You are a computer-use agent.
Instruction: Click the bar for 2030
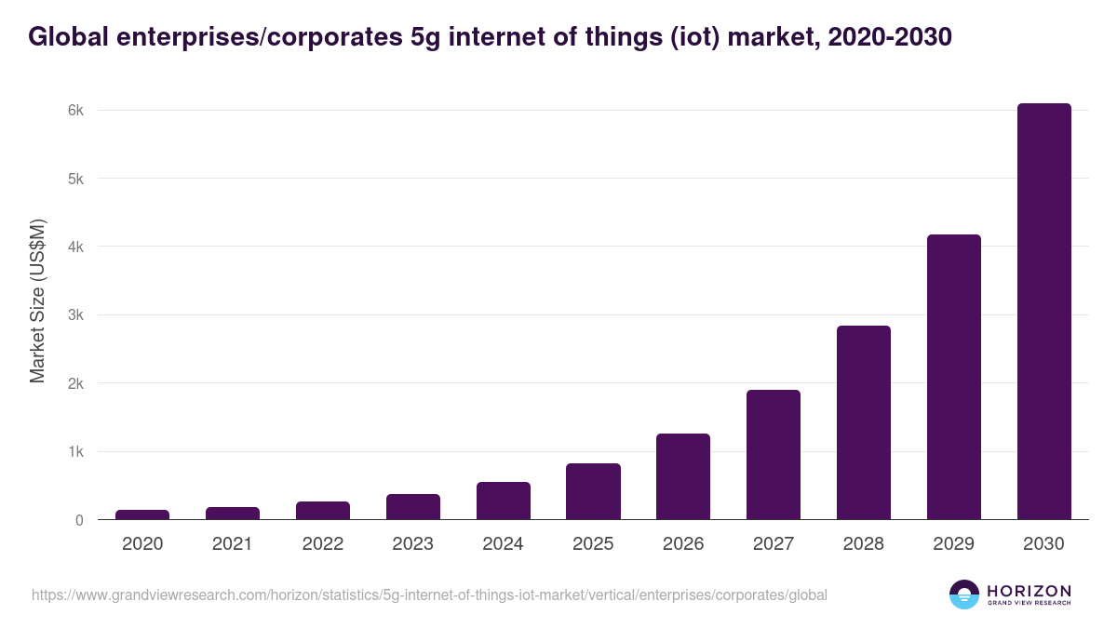pyautogui.click(x=1043, y=312)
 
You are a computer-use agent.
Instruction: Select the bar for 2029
pyautogui.click(x=953, y=377)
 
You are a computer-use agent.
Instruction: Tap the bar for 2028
pyautogui.click(x=863, y=422)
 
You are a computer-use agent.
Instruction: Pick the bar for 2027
pyautogui.click(x=773, y=454)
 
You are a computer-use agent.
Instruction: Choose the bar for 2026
pyautogui.click(x=682, y=476)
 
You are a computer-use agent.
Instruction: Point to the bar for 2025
pyautogui.click(x=593, y=491)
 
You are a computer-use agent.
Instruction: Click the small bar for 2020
pyautogui.click(x=142, y=514)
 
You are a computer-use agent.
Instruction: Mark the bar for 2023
pyautogui.click(x=412, y=507)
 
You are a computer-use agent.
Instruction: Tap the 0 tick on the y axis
pyautogui.click(x=80, y=520)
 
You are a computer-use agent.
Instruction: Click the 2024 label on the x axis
pyautogui.click(x=503, y=544)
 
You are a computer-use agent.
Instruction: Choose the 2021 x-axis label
pyautogui.click(x=232, y=544)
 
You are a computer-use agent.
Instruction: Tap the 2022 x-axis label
pyautogui.click(x=322, y=544)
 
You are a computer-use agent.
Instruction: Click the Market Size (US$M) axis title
pyautogui.click(x=37, y=301)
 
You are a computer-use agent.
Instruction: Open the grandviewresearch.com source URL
pyautogui.click(x=429, y=595)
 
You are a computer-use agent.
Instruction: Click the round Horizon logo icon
pyautogui.click(x=963, y=595)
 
